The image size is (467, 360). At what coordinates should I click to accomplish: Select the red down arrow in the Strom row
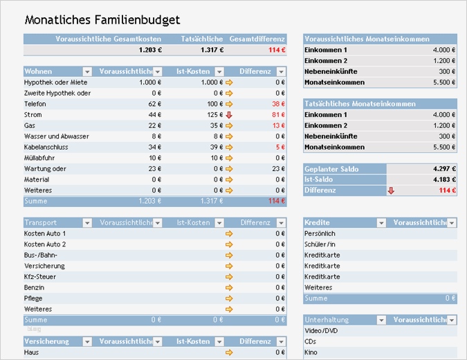click(229, 114)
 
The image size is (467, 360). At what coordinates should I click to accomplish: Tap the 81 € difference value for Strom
click(278, 114)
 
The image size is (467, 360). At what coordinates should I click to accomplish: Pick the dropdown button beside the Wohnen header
click(87, 71)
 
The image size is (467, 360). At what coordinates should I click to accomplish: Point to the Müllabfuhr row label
click(39, 158)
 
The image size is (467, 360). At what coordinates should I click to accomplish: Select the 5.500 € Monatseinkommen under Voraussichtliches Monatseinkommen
click(443, 82)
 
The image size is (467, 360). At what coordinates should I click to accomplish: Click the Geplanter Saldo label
click(331, 169)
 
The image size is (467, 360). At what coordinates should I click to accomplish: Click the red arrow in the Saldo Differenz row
click(391, 190)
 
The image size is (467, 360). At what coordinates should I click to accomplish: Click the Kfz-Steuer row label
click(39, 277)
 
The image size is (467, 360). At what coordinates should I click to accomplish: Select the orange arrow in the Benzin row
click(229, 287)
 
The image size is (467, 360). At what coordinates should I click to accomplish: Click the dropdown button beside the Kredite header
click(381, 223)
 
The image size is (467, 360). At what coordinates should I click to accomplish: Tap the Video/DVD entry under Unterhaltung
click(322, 331)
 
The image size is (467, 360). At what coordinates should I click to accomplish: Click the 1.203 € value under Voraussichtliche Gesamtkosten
click(150, 50)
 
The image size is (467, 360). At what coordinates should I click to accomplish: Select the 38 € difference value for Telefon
click(278, 103)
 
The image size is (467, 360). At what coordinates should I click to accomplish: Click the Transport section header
click(41, 223)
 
